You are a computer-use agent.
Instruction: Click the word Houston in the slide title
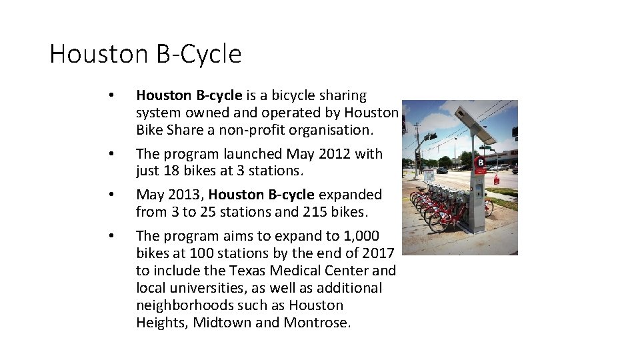98,54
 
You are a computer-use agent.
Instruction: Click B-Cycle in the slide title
198,54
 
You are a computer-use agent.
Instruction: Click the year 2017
378,253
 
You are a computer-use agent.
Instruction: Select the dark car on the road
441,171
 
